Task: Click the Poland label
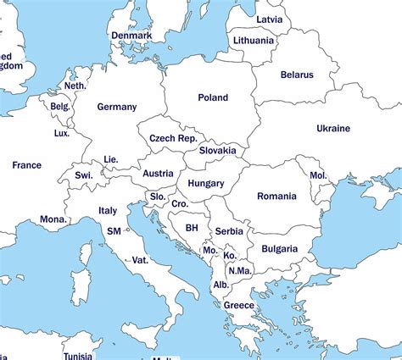[213, 97]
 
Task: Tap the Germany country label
[116, 107]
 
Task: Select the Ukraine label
[332, 128]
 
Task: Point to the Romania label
[277, 196]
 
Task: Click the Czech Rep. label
[173, 138]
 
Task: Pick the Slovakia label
[218, 151]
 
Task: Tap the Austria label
[158, 174]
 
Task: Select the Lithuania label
[254, 40]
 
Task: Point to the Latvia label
[269, 19]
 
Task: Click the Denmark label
[131, 36]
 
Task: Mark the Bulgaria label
[279, 249]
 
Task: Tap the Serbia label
[229, 231]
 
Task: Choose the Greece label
[238, 306]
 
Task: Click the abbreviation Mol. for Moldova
[318, 174]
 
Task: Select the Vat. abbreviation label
[140, 260]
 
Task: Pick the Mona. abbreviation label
[53, 219]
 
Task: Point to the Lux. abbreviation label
[61, 133]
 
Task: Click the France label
[26, 165]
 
